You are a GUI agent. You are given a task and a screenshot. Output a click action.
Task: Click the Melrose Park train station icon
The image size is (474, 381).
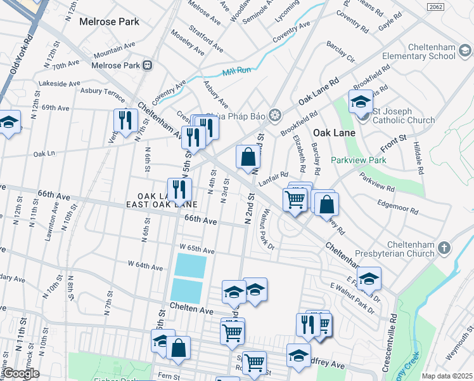tap(148, 65)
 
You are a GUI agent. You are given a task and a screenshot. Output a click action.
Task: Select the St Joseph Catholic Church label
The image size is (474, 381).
tap(404, 120)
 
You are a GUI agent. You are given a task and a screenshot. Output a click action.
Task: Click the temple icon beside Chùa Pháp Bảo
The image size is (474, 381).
tap(274, 115)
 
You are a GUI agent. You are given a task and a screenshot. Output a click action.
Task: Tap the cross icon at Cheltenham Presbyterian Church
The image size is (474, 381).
tap(445, 247)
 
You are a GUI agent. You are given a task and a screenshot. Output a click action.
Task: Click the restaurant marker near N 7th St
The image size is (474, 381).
tap(125, 119)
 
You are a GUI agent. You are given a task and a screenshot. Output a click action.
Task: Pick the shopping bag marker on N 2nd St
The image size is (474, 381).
tap(248, 156)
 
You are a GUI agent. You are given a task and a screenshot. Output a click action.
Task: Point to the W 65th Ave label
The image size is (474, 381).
tap(197, 247)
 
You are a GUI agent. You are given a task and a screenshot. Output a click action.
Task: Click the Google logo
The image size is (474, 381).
tap(20, 373)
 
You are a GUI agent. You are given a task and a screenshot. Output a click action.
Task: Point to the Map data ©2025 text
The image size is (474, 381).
tap(447, 376)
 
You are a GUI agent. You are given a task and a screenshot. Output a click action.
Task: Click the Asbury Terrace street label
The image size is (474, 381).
tap(101, 93)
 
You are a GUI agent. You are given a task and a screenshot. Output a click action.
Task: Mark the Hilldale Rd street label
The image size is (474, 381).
tap(419, 159)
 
